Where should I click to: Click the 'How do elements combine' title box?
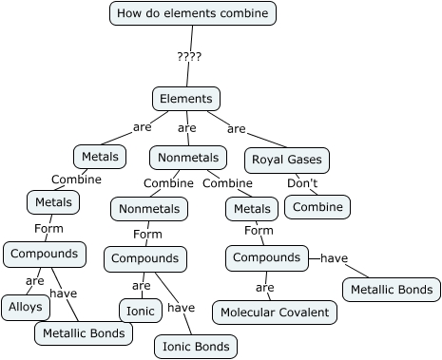[193, 13]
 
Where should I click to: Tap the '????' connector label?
[189, 56]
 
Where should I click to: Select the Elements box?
[186, 99]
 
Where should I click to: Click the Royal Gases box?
[287, 160]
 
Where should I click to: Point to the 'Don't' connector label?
[302, 183]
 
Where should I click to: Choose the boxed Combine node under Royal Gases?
[317, 207]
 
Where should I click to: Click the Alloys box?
[26, 307]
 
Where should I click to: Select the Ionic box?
[141, 311]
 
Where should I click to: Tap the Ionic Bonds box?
[196, 347]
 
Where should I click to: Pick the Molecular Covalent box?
[275, 312]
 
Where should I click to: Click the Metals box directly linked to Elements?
[100, 157]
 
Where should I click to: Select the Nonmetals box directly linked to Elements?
[188, 157]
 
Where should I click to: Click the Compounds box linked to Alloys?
[45, 255]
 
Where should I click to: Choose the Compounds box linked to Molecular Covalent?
[266, 257]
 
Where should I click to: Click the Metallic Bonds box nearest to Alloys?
[83, 333]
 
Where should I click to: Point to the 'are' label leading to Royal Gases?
[237, 128]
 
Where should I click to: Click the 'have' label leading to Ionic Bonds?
[181, 307]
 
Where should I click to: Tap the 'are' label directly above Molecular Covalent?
[265, 287]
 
